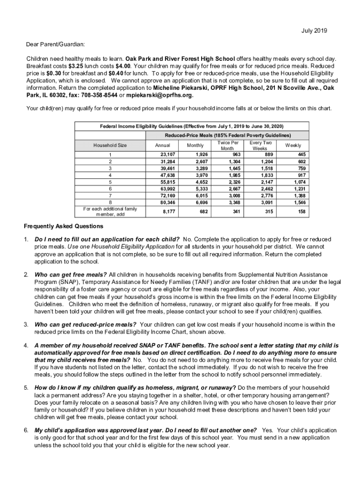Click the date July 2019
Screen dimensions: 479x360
tap(315, 31)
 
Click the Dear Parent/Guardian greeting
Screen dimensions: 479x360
tap(56, 44)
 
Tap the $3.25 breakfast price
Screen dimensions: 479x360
tap(73, 66)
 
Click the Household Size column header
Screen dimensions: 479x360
tap(110, 145)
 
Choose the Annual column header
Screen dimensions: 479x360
tap(162, 145)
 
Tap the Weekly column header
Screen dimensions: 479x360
tap(293, 145)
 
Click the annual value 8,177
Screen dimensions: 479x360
tap(169, 211)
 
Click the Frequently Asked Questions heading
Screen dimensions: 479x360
tap(64, 226)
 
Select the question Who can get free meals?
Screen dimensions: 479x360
tap(71, 275)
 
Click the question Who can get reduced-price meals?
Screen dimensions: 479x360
tap(86, 324)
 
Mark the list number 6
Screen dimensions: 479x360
tap(27, 430)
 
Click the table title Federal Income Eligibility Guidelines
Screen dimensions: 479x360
tap(192, 126)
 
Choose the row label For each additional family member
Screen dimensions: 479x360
tap(110, 211)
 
